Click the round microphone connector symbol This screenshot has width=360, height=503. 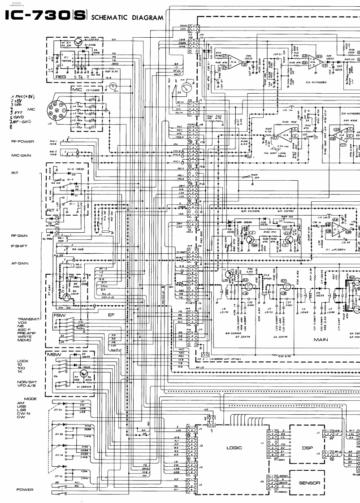pyautogui.click(x=60, y=111)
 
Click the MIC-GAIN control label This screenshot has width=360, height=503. pyautogui.click(x=20, y=156)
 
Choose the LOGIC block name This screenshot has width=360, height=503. pyautogui.click(x=234, y=447)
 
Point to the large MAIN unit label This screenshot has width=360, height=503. pyautogui.click(x=321, y=340)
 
